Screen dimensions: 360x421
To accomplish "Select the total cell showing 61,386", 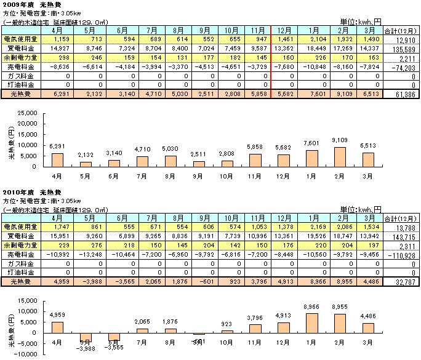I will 401,94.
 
